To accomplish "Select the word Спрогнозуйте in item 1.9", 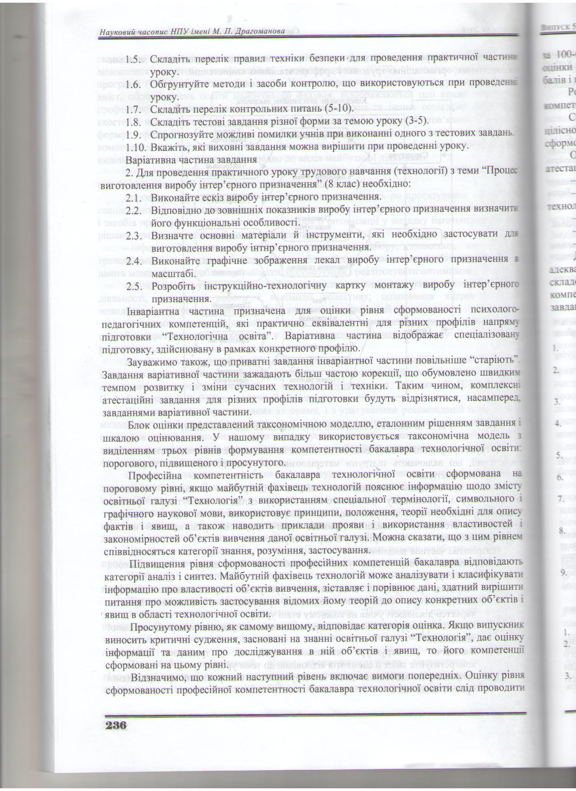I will [x=183, y=134].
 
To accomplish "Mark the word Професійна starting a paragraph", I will [x=155, y=475].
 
